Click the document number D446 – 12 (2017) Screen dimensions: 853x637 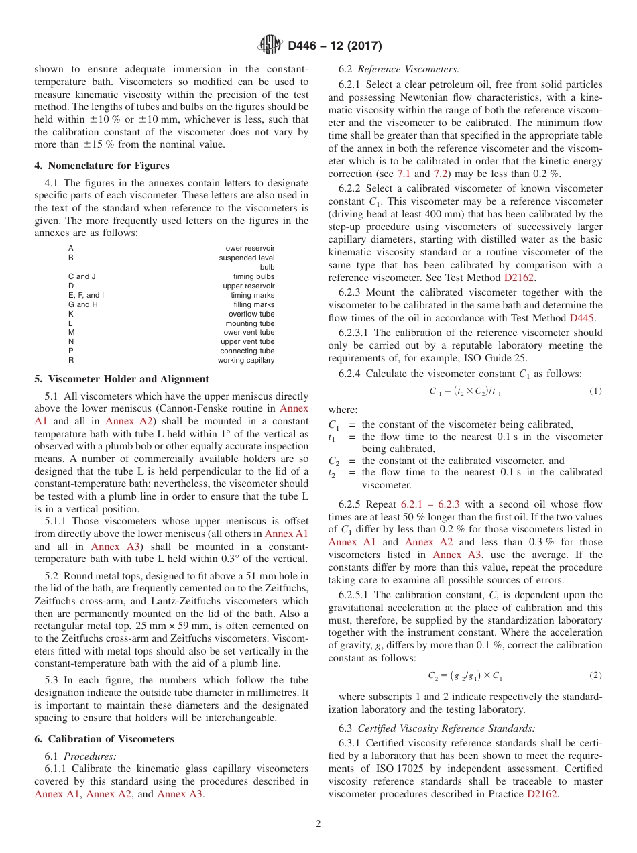coord(335,46)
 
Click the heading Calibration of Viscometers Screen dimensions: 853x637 coord(109,739)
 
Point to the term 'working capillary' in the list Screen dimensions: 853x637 coord(245,360)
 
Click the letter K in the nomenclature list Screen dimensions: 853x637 coord(71,314)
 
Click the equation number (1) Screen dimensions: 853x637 coord(595,391)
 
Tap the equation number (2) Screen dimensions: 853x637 coord(595,675)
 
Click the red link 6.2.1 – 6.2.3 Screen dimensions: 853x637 coord(429,504)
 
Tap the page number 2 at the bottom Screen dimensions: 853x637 coord(318,824)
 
